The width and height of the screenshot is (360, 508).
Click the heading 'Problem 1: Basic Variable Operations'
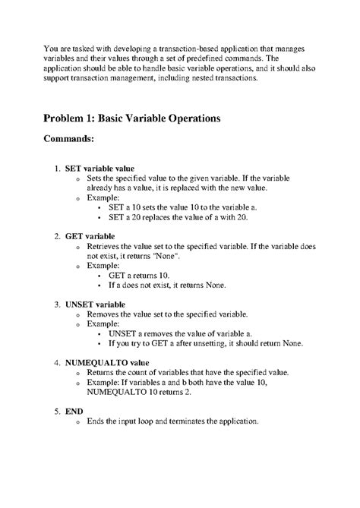131,119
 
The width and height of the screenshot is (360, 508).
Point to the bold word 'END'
74,411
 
